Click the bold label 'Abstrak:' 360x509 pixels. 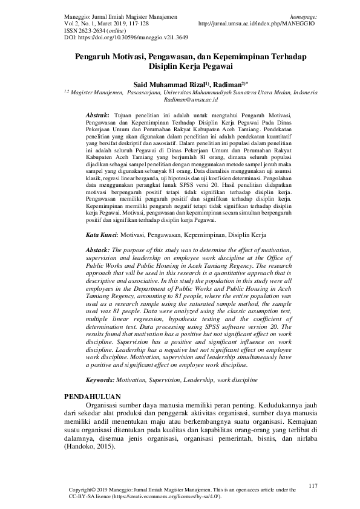click(97, 115)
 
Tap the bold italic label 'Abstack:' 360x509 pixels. click(98, 250)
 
